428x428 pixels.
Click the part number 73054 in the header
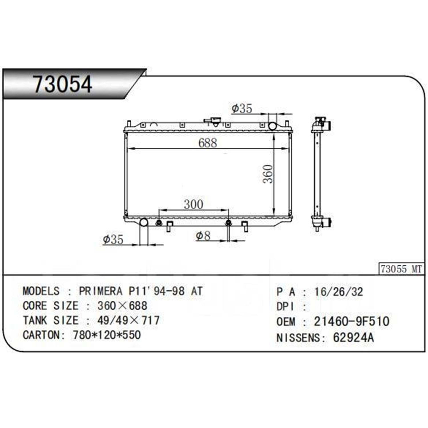click(x=63, y=84)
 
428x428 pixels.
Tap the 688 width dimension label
click(x=208, y=143)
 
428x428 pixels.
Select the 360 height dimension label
click(x=268, y=174)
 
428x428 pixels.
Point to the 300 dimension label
click(x=193, y=204)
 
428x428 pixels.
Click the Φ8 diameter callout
click(x=203, y=236)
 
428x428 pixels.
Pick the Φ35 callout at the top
click(x=242, y=108)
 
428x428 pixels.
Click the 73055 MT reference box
click(x=401, y=269)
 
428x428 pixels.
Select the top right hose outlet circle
click(x=272, y=126)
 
